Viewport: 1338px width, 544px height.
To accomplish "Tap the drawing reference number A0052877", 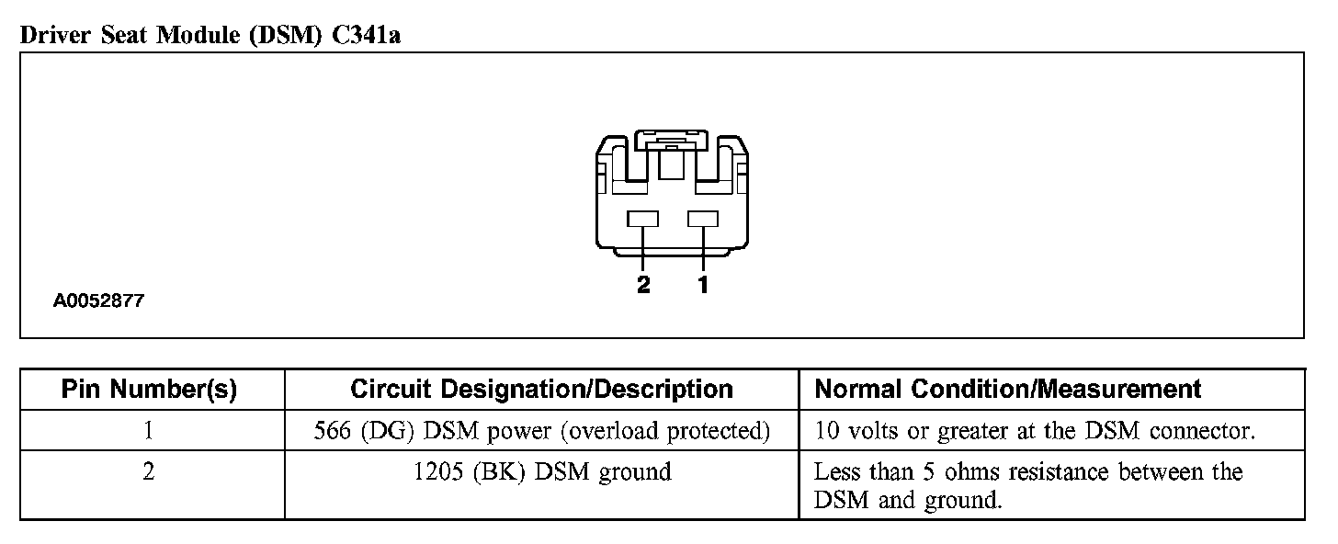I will pyautogui.click(x=98, y=300).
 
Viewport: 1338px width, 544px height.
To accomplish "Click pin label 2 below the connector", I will pyautogui.click(x=643, y=285).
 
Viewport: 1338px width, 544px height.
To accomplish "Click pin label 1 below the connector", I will pyautogui.click(x=703, y=285).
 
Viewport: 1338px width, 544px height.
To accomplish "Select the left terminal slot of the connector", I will pyautogui.click(x=643, y=219).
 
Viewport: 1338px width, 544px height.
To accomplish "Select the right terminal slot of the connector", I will pyautogui.click(x=703, y=219).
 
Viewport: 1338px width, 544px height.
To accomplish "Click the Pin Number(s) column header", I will pyautogui.click(x=149, y=390).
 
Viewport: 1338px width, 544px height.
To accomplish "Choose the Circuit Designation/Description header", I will pyautogui.click(x=541, y=390).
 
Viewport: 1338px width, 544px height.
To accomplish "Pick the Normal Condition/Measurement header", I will pyautogui.click(x=1008, y=390).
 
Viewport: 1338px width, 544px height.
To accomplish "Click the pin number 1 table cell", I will pyautogui.click(x=149, y=430).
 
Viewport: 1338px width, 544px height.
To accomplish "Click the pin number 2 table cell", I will pyautogui.click(x=149, y=472).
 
